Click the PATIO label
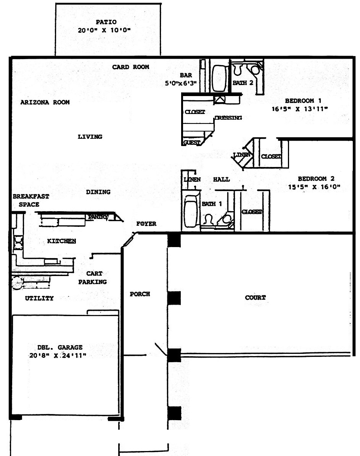click(x=106, y=22)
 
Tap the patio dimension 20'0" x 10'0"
click(x=104, y=30)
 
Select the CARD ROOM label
click(x=130, y=67)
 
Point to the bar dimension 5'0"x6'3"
click(x=181, y=83)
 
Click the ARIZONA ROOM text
click(x=45, y=102)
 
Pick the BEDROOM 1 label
click(x=303, y=101)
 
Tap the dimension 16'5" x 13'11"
click(x=300, y=109)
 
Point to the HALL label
click(x=221, y=180)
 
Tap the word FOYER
click(x=146, y=224)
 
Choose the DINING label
click(x=98, y=192)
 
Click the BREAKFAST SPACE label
click(x=31, y=201)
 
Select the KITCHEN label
click(x=61, y=241)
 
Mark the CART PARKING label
click(x=92, y=278)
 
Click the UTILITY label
click(x=39, y=298)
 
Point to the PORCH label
click(x=140, y=294)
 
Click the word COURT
click(x=255, y=297)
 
